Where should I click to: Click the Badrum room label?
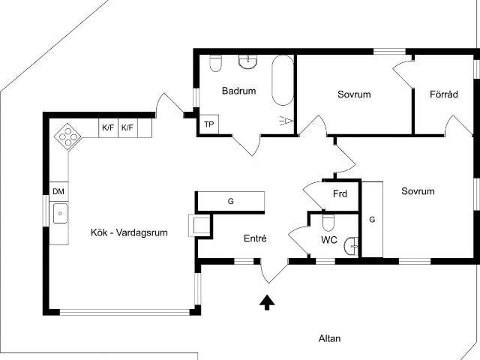point(238,91)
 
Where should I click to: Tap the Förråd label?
point(444,94)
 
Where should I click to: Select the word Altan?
point(330,338)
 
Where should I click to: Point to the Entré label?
point(256,238)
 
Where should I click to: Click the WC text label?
point(328,241)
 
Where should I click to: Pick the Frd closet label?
point(340,194)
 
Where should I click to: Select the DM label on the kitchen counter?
point(58,192)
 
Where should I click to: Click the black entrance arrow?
point(266,302)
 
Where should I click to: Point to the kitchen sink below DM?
point(60,214)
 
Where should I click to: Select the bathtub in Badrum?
point(283,80)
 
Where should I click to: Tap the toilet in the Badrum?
point(216,63)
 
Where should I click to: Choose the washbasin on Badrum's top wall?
point(248,61)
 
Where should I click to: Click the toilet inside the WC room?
point(328,223)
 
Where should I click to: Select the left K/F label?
point(108,128)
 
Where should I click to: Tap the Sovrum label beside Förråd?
point(355,94)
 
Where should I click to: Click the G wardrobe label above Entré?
point(231,201)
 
